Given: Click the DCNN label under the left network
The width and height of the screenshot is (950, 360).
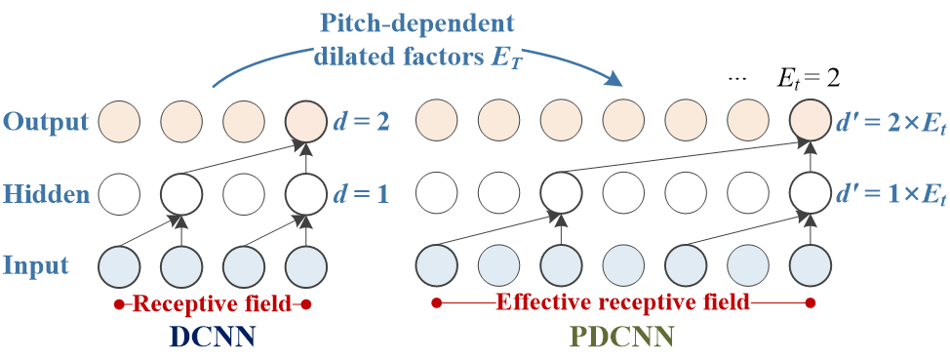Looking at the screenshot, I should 212,338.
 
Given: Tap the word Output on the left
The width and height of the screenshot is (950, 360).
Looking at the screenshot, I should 46,122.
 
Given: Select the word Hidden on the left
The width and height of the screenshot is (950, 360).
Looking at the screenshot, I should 46,194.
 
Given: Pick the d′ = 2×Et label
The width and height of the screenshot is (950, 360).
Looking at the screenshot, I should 891,122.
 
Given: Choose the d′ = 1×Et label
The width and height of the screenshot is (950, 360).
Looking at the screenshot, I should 891,194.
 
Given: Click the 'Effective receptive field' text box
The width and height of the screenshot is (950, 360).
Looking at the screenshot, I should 623,302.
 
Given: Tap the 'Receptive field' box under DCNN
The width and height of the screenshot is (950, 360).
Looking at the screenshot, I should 212,304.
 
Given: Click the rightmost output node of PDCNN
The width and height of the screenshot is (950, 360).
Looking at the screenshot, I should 811,121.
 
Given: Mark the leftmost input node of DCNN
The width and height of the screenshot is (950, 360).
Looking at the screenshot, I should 119,265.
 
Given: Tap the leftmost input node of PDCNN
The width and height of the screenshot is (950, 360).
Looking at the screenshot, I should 437,265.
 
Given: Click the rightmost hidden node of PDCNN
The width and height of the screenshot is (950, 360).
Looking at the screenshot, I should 811,193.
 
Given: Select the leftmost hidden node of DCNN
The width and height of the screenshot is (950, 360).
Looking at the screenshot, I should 119,193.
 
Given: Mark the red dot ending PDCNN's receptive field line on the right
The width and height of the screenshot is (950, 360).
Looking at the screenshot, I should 811,303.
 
